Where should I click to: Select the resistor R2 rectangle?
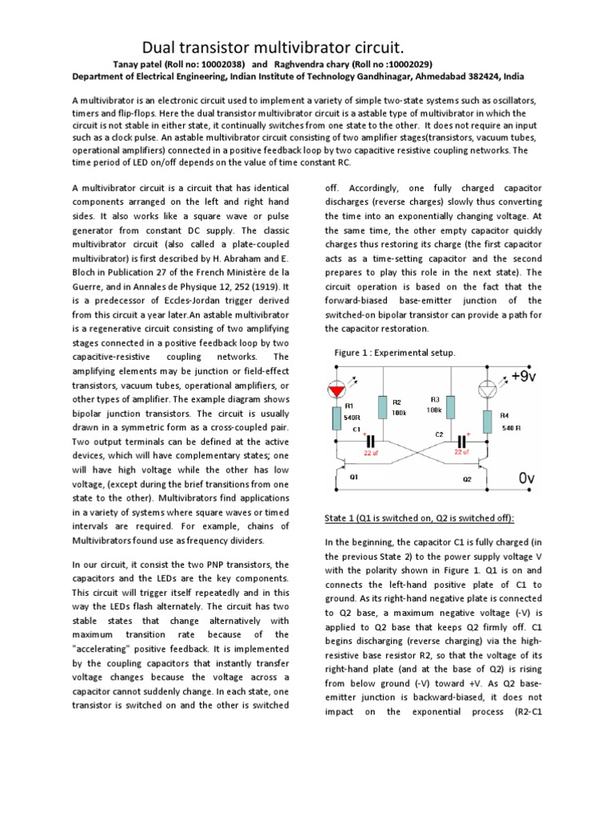385,409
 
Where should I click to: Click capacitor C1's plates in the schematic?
369,441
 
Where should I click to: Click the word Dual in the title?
162,47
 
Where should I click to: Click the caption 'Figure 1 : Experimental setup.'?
393,352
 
